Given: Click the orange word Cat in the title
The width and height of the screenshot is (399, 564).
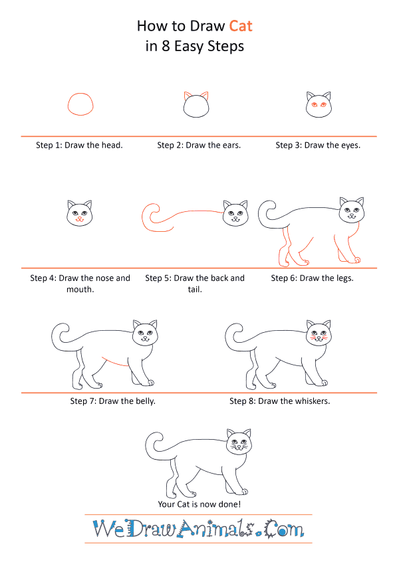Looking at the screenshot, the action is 241,27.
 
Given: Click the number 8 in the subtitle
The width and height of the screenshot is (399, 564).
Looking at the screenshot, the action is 166,47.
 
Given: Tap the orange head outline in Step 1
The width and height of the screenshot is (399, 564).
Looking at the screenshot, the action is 68,105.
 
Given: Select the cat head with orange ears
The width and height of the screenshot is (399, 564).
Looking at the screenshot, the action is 196,105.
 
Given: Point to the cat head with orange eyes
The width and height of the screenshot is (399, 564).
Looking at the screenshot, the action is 319,105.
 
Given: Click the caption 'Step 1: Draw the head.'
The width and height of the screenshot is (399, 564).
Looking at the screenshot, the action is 79,145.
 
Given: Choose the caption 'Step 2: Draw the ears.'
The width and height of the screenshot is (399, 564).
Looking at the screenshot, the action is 199,145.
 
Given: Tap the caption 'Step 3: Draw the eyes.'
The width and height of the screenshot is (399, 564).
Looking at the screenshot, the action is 318,145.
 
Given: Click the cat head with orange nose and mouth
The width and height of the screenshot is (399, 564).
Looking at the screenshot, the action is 80,213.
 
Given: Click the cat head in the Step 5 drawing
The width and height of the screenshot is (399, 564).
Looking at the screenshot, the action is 235,214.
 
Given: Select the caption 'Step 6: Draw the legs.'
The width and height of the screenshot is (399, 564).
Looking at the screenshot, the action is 312,278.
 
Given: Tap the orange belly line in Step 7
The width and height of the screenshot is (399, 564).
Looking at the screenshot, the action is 115,363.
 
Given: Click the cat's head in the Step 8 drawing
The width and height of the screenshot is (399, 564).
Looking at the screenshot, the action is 319,333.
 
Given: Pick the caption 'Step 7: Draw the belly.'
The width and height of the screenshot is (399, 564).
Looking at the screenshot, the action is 112,401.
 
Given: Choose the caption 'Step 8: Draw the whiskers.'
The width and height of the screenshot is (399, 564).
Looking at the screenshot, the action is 280,401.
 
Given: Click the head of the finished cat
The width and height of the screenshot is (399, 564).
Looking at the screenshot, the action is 239,442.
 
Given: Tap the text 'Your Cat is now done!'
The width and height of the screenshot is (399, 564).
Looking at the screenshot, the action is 199,504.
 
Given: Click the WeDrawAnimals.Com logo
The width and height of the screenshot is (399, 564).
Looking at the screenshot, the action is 198,529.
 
